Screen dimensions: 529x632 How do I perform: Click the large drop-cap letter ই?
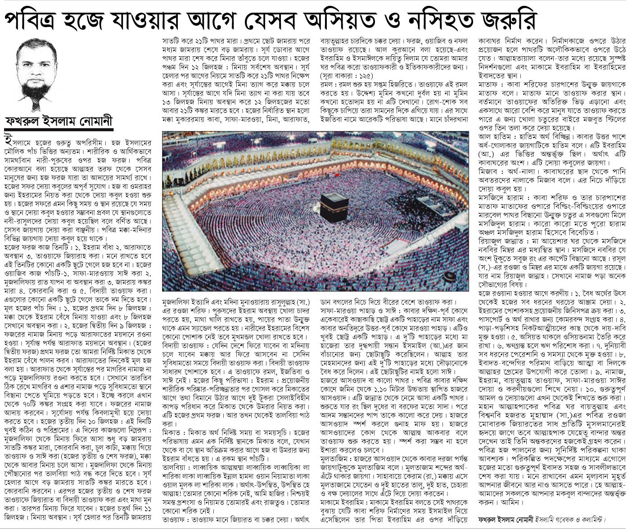(x=8, y=138)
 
